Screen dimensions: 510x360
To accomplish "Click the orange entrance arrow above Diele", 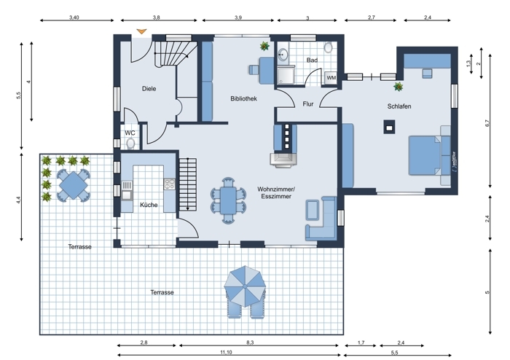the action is point(141,31).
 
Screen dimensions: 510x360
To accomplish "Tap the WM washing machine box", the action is point(331,78).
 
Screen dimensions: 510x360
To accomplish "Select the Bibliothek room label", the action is point(243,98).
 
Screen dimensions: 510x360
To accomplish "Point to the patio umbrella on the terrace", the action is point(245,286).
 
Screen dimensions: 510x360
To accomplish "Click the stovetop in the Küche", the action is point(169,184).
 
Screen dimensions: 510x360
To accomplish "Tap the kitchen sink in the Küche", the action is point(127,195).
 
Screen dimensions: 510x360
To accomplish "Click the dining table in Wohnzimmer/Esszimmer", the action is point(228,200).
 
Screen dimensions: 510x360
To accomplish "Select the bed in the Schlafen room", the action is point(425,155).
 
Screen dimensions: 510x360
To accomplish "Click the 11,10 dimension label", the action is point(226,352).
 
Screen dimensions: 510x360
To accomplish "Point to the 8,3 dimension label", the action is point(250,343).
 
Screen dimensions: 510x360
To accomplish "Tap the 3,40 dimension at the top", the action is point(74,17).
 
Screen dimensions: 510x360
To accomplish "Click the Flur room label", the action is point(308,104).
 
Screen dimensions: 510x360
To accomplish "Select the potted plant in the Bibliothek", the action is point(264,46).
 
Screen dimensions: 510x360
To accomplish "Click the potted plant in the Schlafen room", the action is point(398,87).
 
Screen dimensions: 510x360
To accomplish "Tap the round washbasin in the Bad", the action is point(283,55).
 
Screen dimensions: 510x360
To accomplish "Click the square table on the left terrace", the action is point(74,186).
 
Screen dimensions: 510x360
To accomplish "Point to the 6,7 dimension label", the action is point(487,123).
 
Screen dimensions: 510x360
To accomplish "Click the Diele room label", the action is point(149,88).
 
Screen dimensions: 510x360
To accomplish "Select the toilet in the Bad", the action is point(329,48).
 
